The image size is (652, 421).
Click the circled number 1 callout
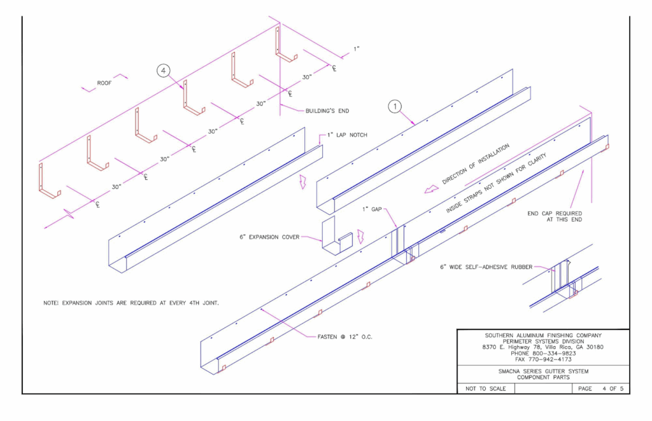395,107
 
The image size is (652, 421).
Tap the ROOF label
104,83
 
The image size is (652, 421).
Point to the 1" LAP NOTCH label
346,135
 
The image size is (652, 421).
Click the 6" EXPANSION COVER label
267,237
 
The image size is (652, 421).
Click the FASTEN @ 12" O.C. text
344,336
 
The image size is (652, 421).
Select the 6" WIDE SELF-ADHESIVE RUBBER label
485,267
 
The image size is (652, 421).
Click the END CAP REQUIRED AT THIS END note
555,216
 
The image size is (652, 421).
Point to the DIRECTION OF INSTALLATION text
476,164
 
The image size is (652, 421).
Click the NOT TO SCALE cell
481,388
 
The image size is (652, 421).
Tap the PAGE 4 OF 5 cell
601,388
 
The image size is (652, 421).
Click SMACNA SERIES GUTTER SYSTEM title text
543,371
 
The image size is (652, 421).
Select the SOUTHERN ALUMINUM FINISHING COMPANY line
543,335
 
